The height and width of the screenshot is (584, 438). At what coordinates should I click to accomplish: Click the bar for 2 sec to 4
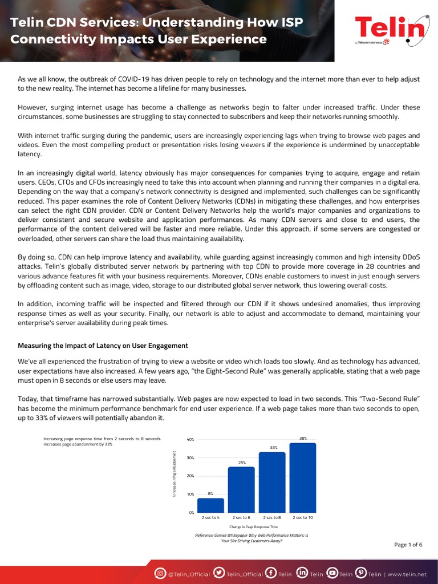pos(210,505)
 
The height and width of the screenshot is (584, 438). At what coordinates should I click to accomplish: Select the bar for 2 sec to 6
pos(241,489)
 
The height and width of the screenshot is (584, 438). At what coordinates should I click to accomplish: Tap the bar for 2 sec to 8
pos(272,482)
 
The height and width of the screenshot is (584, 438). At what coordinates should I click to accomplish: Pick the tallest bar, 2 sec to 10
pos(303,477)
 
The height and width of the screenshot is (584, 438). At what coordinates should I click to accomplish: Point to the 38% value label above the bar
pos(303,438)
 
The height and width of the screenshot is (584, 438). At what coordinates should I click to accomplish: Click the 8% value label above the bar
pos(210,493)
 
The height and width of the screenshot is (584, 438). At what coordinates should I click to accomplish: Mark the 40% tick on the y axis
pos(190,440)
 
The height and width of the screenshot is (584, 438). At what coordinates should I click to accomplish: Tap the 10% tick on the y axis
pos(190,494)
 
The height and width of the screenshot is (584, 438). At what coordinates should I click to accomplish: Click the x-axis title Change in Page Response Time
pos(253,528)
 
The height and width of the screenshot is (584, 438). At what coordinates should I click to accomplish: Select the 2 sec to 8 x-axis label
pos(272,517)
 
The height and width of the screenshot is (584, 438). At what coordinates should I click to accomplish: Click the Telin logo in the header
pos(391,30)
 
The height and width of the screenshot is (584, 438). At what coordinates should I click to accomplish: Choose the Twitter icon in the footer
pos(218,573)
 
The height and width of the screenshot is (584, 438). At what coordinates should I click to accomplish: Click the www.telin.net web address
pos(407,574)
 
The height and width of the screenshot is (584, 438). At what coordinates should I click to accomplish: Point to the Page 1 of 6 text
pos(408,545)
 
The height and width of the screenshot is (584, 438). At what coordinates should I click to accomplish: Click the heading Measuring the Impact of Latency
pos(103,346)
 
